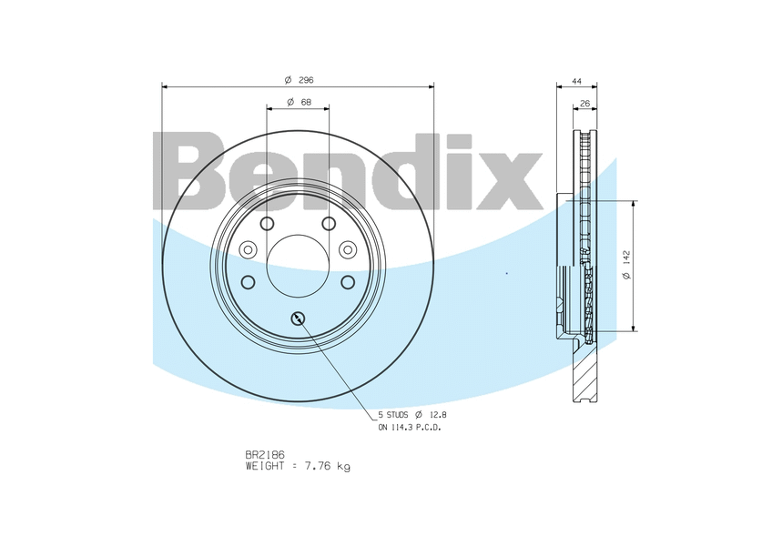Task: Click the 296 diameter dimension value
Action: click(x=306, y=80)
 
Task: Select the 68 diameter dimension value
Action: click(x=306, y=102)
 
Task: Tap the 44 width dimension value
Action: click(x=576, y=81)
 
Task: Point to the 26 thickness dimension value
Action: click(x=584, y=104)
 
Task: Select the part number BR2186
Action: click(x=265, y=455)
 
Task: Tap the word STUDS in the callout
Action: click(x=396, y=416)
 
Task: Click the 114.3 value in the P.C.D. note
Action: click(x=401, y=428)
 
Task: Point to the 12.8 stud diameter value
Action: click(x=438, y=416)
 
